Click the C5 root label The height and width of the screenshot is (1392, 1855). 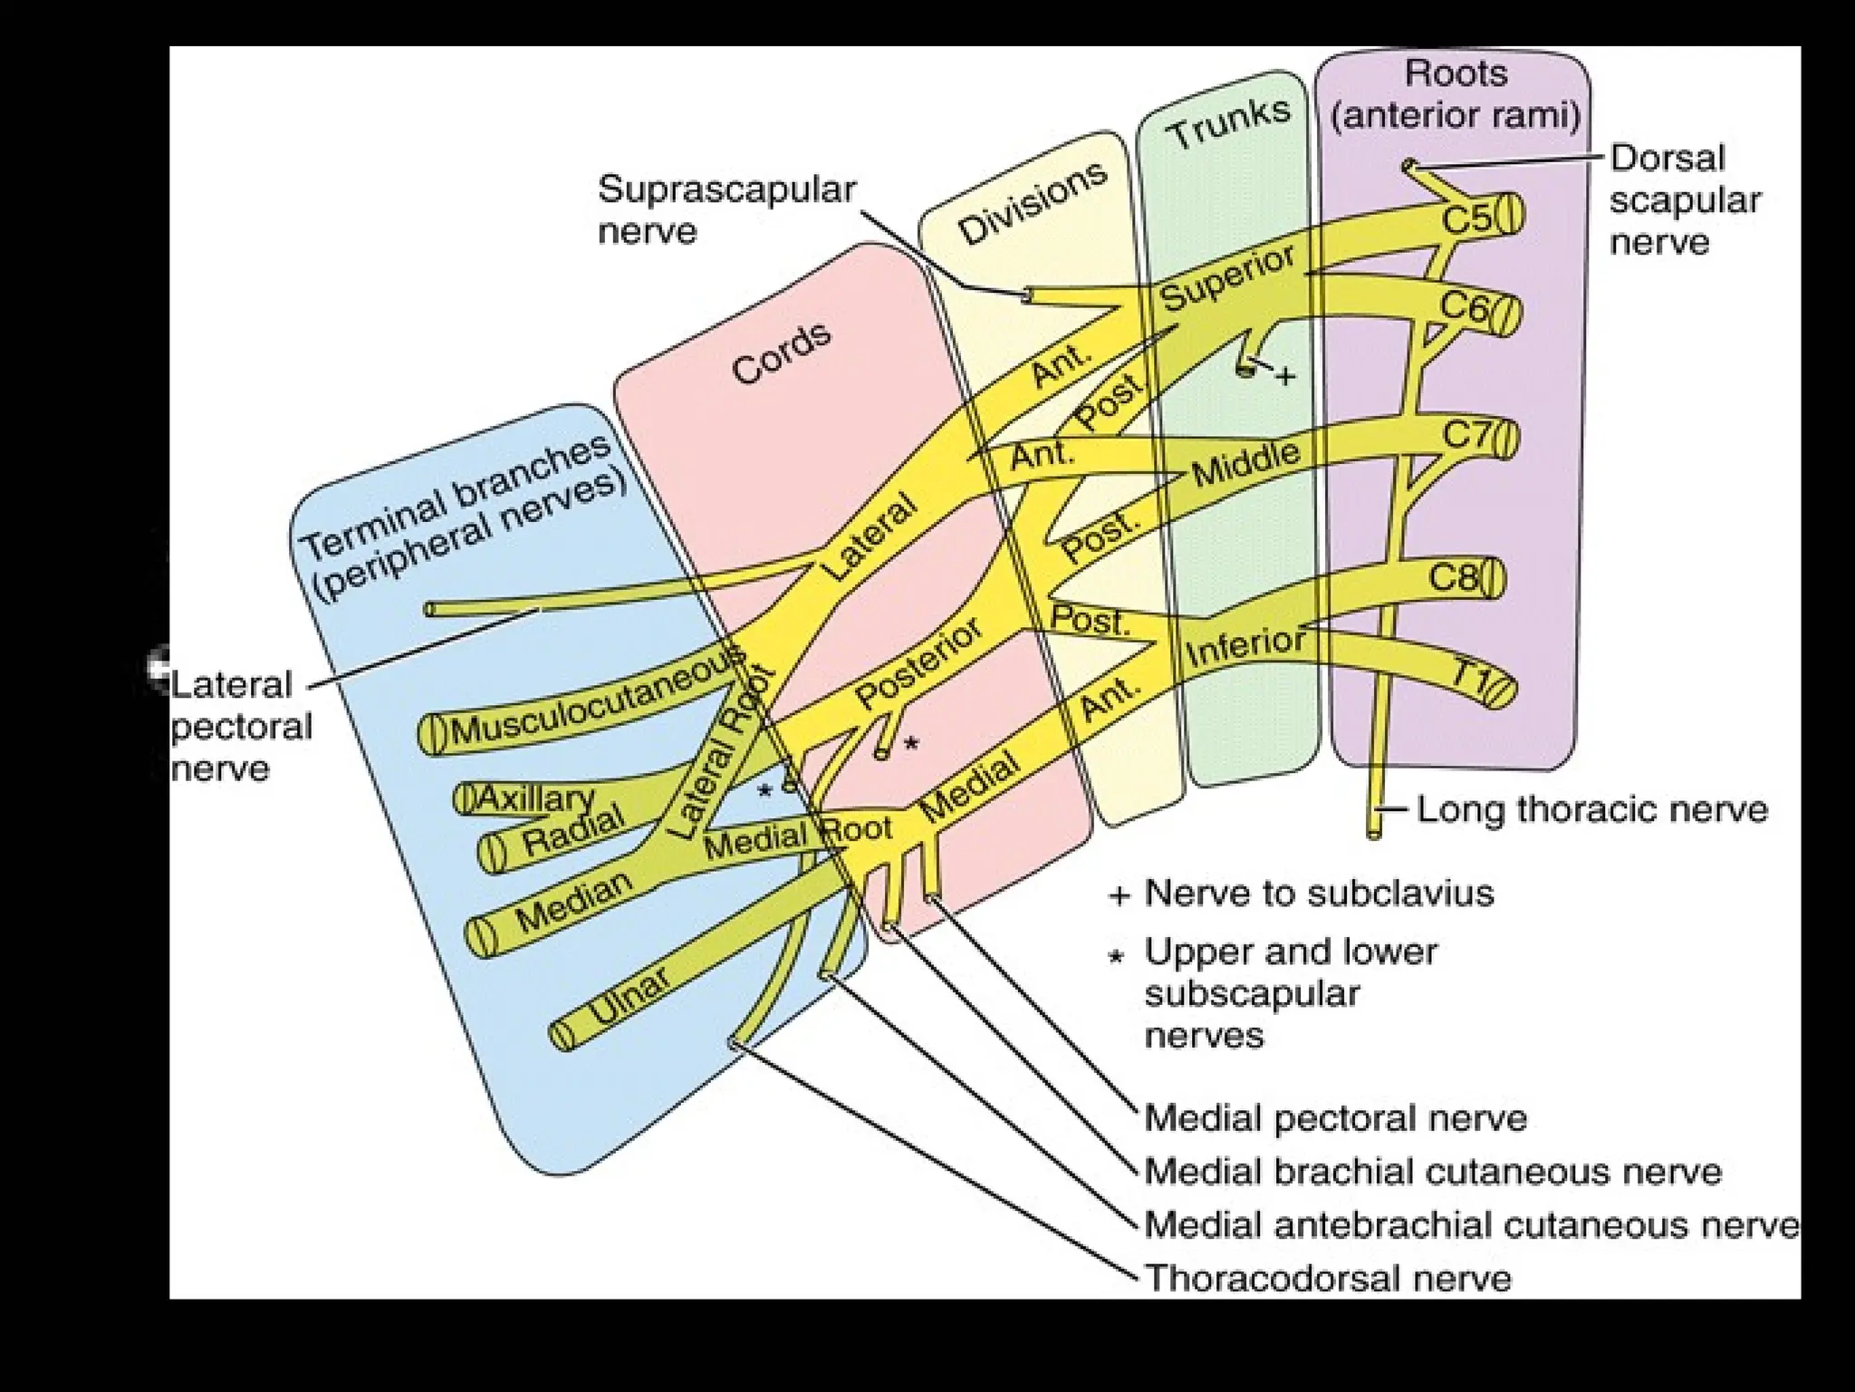(x=1466, y=218)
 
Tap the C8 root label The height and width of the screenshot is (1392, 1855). (x=1454, y=578)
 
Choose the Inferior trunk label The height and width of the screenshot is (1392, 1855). (x=1245, y=645)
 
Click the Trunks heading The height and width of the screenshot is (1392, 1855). (x=1228, y=123)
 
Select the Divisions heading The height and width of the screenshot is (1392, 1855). (x=1033, y=205)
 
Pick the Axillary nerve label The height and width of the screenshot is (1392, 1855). (x=534, y=798)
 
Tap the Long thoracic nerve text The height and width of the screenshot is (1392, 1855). (x=1591, y=809)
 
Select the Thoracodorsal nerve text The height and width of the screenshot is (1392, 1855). (x=1328, y=1278)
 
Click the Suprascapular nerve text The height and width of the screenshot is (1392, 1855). (x=726, y=210)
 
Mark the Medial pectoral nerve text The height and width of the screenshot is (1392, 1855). (x=1335, y=1117)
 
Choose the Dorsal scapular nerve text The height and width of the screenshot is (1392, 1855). (x=1683, y=200)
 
